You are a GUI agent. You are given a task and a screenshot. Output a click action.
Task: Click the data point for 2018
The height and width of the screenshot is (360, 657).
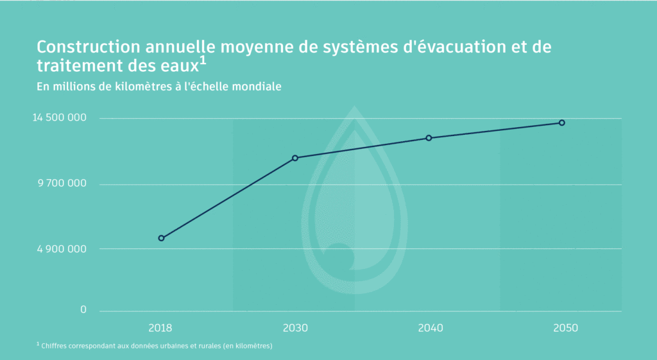[161, 238]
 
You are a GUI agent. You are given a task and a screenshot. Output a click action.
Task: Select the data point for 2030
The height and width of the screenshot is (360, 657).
[295, 158]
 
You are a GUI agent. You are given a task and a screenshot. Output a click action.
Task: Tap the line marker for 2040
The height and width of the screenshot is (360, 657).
[429, 138]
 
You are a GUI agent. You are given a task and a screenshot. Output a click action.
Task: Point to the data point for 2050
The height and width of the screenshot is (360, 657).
[562, 123]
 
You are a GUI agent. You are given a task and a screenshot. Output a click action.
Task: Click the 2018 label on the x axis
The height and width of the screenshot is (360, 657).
[160, 328]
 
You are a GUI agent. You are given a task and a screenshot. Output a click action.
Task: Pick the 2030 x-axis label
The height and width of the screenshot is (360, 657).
[295, 328]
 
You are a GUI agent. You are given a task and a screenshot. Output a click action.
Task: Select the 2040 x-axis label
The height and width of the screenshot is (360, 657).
[430, 328]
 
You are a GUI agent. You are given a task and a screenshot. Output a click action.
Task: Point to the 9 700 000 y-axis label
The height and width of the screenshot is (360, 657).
[62, 184]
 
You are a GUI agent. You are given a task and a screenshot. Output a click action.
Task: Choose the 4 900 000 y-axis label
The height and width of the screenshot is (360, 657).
[61, 249]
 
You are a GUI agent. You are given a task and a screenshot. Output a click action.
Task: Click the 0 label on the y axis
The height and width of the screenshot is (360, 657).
[83, 310]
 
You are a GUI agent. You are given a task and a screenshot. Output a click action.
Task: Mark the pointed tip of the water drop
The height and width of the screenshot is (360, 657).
[354, 107]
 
